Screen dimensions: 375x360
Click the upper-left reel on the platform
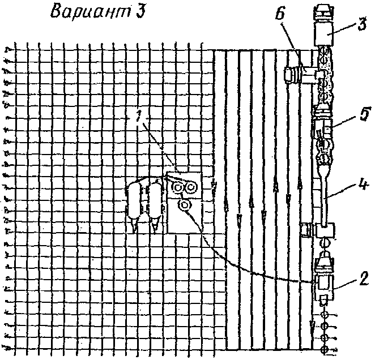click(180, 186)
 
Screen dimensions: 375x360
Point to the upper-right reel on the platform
click(193, 186)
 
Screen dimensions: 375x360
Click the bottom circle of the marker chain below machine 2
click(326, 348)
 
